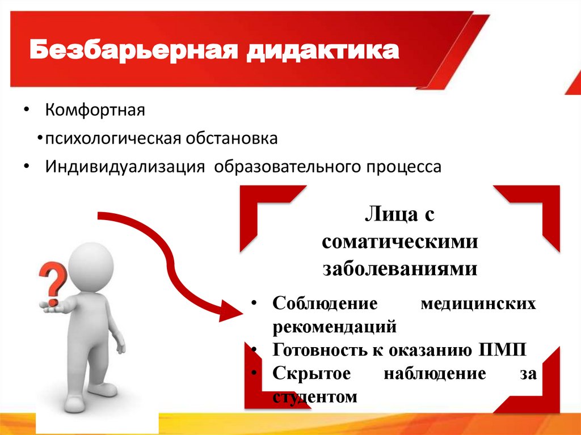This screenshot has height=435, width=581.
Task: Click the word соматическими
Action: coord(400,242)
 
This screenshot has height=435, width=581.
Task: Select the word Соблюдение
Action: coord(325,303)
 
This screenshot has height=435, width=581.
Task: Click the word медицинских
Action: coord(478,303)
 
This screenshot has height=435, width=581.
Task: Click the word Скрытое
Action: coord(311,374)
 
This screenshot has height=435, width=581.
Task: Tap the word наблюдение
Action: coord(435,374)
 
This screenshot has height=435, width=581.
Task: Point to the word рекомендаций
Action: coord(334,327)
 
